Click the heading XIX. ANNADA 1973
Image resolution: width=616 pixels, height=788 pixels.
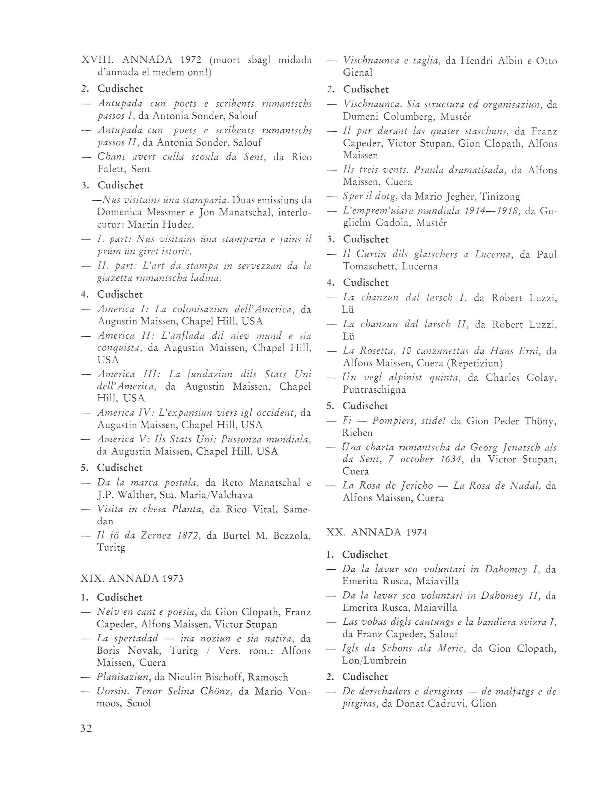tap(132, 578)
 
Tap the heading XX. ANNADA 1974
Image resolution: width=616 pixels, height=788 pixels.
tap(376, 532)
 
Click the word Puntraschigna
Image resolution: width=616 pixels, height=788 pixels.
tap(374, 390)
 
